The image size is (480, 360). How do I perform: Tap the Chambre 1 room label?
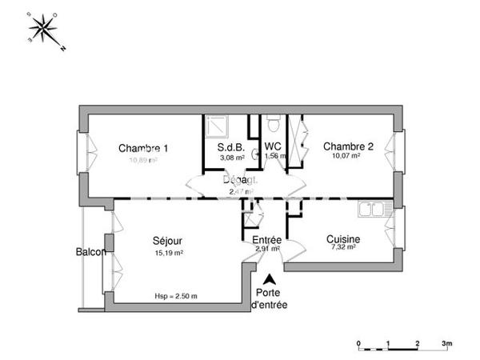point(143,147)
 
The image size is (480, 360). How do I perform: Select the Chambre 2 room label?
point(348,146)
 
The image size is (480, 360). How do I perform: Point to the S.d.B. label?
point(231,148)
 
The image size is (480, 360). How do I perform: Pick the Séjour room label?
point(168,240)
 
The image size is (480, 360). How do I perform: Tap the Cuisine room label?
point(343,238)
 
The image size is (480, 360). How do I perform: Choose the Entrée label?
point(266,239)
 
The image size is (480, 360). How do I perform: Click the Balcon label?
point(91,252)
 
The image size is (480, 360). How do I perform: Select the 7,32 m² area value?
point(342,248)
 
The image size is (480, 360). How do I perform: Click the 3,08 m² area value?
point(231,158)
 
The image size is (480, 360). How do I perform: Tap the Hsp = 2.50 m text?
point(176,297)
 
